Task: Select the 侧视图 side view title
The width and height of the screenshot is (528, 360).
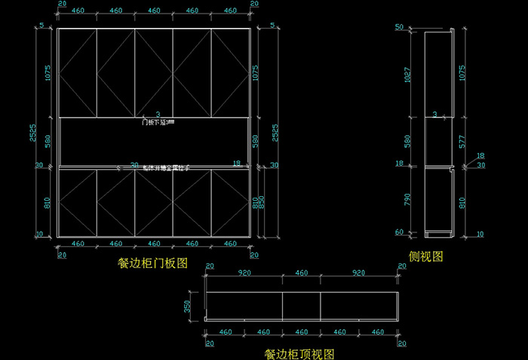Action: point(425,257)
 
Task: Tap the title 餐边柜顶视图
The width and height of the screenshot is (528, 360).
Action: point(299,353)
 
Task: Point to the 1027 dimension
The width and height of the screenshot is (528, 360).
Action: point(408,73)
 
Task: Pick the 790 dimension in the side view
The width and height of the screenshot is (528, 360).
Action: point(408,200)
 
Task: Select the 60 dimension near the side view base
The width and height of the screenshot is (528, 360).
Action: point(399,232)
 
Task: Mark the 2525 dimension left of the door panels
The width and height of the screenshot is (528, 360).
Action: point(32,132)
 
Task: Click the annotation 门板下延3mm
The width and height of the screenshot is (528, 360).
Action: point(158,122)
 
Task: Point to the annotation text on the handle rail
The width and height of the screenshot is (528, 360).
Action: point(154,168)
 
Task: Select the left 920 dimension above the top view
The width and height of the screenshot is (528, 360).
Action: point(244,272)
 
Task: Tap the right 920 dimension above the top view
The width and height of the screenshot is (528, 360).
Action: point(359,272)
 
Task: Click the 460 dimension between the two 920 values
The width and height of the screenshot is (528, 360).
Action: point(302,272)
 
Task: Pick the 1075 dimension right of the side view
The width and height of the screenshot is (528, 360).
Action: point(462,73)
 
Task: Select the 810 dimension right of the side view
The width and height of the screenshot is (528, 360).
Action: point(462,201)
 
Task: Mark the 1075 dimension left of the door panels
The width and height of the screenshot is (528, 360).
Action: point(47,73)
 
